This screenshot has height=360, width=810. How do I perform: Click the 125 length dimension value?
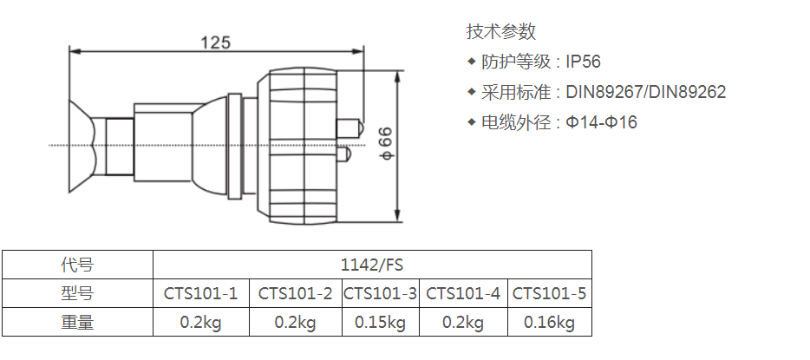tap(216, 42)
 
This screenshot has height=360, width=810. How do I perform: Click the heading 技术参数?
tap(501, 31)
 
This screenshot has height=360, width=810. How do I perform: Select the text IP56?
tap(584, 62)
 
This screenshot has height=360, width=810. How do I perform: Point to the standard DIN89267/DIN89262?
tap(646, 92)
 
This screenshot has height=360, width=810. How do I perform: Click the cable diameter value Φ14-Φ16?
tap(601, 122)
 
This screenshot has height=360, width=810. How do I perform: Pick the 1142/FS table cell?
tap(372, 265)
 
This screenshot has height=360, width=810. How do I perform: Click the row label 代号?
tap(77, 265)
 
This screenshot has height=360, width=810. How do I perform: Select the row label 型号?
tap(77, 293)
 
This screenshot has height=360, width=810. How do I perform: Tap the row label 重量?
tap(77, 323)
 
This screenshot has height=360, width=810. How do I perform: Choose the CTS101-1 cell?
tap(201, 293)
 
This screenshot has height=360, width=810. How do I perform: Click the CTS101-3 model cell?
tap(380, 293)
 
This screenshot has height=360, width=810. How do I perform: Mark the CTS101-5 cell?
tap(549, 293)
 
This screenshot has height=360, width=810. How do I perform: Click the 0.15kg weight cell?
tap(380, 323)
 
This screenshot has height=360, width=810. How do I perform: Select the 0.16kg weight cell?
tap(549, 323)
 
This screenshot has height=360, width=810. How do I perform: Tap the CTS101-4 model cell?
tap(463, 293)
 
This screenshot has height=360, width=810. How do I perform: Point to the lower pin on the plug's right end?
tap(344, 154)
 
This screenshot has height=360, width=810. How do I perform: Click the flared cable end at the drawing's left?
tap(82, 147)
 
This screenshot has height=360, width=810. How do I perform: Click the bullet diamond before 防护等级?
tap(471, 62)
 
